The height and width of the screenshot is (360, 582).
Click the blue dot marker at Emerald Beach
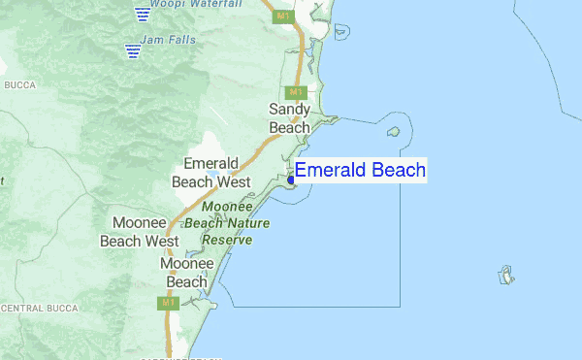point(291,179)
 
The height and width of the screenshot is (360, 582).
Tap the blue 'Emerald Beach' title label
point(360,171)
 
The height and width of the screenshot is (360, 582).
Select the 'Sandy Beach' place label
point(289,118)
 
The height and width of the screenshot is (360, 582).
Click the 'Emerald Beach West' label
point(210,172)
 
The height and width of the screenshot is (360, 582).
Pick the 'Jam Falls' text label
point(168,40)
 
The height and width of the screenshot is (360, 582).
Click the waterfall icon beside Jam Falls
point(131,49)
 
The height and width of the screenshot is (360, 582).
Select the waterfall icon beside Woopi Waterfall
point(143,14)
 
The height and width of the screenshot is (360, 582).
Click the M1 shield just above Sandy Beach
point(298,92)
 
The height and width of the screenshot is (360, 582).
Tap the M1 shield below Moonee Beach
point(167,304)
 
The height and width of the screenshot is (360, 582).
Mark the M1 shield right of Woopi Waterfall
point(282,16)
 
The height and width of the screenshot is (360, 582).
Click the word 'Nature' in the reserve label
point(249,223)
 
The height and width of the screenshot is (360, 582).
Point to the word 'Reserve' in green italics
point(226,240)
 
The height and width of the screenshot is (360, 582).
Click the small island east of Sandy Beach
point(394,132)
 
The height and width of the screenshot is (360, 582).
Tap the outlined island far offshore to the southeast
point(506,277)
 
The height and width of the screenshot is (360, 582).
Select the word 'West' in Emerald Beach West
point(234,180)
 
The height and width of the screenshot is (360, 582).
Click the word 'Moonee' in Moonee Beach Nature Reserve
point(227,207)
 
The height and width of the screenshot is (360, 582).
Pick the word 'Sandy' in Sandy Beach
point(289,110)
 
